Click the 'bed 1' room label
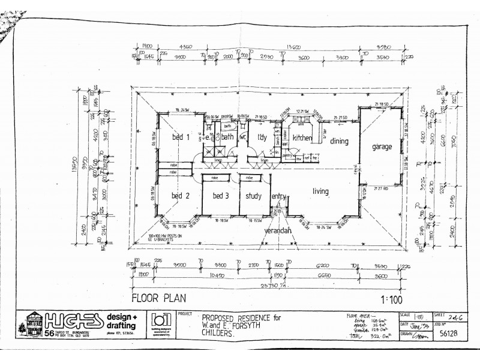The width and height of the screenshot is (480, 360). point(181,137)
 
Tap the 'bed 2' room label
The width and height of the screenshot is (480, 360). point(181,196)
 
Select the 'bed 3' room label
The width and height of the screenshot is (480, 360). point(221,196)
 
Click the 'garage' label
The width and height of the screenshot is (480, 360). point(382,146)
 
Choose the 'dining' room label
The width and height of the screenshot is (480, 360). point(339,142)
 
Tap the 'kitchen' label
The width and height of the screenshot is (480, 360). point(302,138)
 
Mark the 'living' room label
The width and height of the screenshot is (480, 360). point(320,191)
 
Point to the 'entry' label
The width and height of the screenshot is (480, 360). point(278,196)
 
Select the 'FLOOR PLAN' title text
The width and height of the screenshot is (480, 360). point(159,296)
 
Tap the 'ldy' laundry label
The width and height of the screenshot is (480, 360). point(262,137)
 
